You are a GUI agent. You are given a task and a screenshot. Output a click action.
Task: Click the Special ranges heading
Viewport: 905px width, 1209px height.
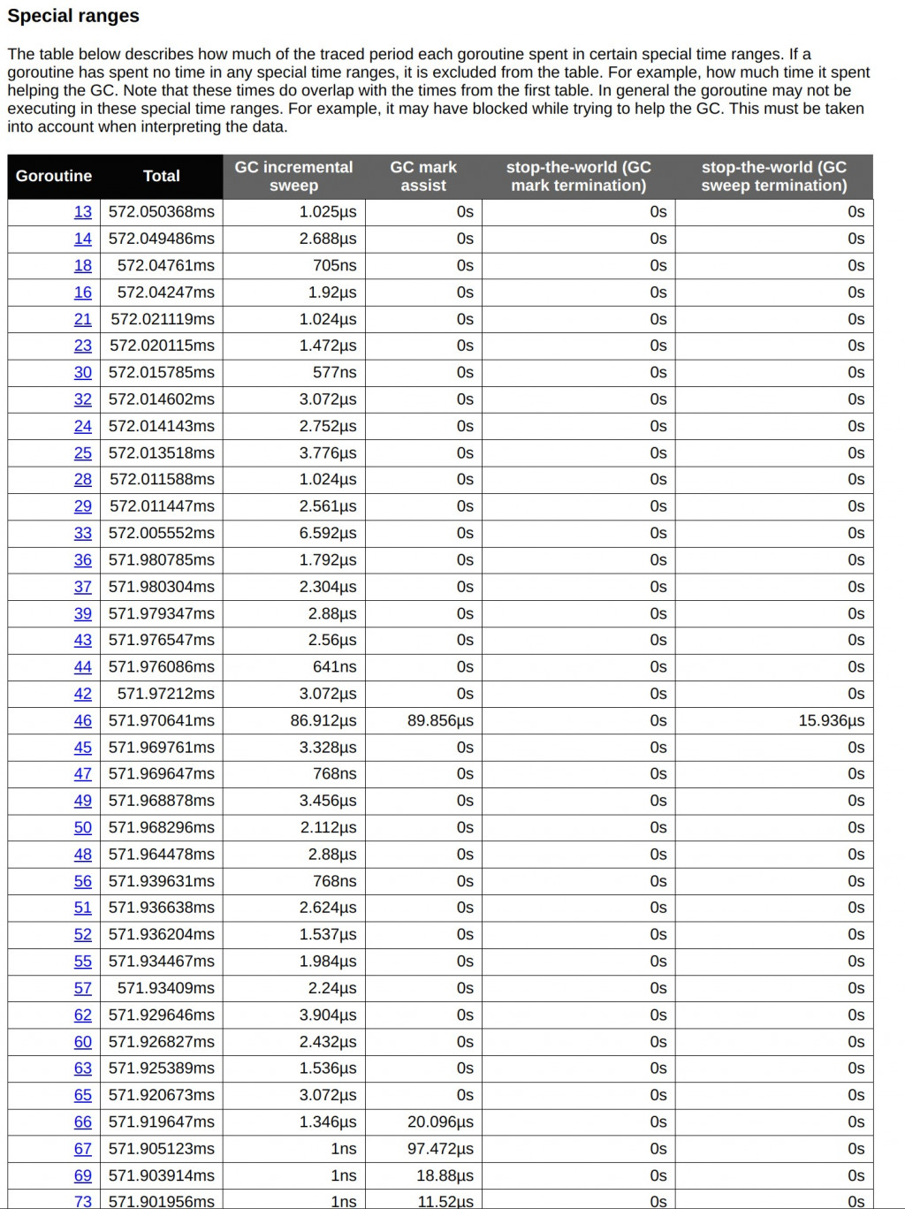pyautogui.click(x=73, y=16)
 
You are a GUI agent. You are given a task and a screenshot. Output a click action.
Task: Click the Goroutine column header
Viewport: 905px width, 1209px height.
pyautogui.click(x=54, y=176)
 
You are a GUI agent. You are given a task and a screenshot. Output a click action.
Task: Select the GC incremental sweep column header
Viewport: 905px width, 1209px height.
pyautogui.click(x=293, y=176)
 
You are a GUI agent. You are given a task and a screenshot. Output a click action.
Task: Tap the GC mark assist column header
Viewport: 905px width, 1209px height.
pyautogui.click(x=423, y=176)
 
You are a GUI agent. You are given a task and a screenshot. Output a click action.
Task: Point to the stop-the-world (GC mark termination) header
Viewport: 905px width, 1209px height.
pyautogui.click(x=578, y=176)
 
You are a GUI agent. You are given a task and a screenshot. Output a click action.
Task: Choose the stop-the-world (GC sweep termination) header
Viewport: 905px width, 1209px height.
pyautogui.click(x=773, y=176)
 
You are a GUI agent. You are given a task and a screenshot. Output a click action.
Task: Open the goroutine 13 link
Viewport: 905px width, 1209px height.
pyautogui.click(x=83, y=212)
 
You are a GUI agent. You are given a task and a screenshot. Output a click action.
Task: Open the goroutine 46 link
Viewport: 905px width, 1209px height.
pyautogui.click(x=83, y=720)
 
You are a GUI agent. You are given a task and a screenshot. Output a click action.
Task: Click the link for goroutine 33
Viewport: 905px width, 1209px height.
pyautogui.click(x=83, y=533)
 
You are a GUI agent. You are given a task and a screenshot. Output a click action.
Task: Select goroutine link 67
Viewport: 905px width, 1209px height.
pyautogui.click(x=83, y=1149)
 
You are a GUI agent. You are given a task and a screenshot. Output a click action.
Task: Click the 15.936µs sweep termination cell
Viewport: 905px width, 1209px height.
pyautogui.click(x=831, y=720)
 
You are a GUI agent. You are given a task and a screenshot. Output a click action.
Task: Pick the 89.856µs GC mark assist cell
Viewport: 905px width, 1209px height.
pyautogui.click(x=440, y=720)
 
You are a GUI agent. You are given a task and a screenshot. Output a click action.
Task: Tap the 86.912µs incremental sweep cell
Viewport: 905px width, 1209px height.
pyautogui.click(x=323, y=720)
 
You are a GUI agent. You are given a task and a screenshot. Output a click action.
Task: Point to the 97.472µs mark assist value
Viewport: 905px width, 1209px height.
pyautogui.click(x=440, y=1149)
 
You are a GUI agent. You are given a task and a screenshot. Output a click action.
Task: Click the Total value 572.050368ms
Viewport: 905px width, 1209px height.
pyautogui.click(x=162, y=212)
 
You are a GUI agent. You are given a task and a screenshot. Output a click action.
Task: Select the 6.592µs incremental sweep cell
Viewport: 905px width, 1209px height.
pyautogui.click(x=328, y=533)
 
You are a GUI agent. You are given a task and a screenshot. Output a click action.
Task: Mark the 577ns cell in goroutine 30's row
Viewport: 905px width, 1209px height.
pyautogui.click(x=334, y=372)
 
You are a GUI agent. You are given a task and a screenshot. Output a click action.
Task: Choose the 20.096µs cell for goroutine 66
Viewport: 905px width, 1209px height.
pyautogui.click(x=440, y=1122)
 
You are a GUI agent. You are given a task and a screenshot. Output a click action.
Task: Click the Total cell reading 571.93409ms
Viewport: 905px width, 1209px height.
pyautogui.click(x=166, y=988)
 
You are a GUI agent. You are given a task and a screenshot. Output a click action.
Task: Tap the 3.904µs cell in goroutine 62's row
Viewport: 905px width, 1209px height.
pyautogui.click(x=328, y=1015)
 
